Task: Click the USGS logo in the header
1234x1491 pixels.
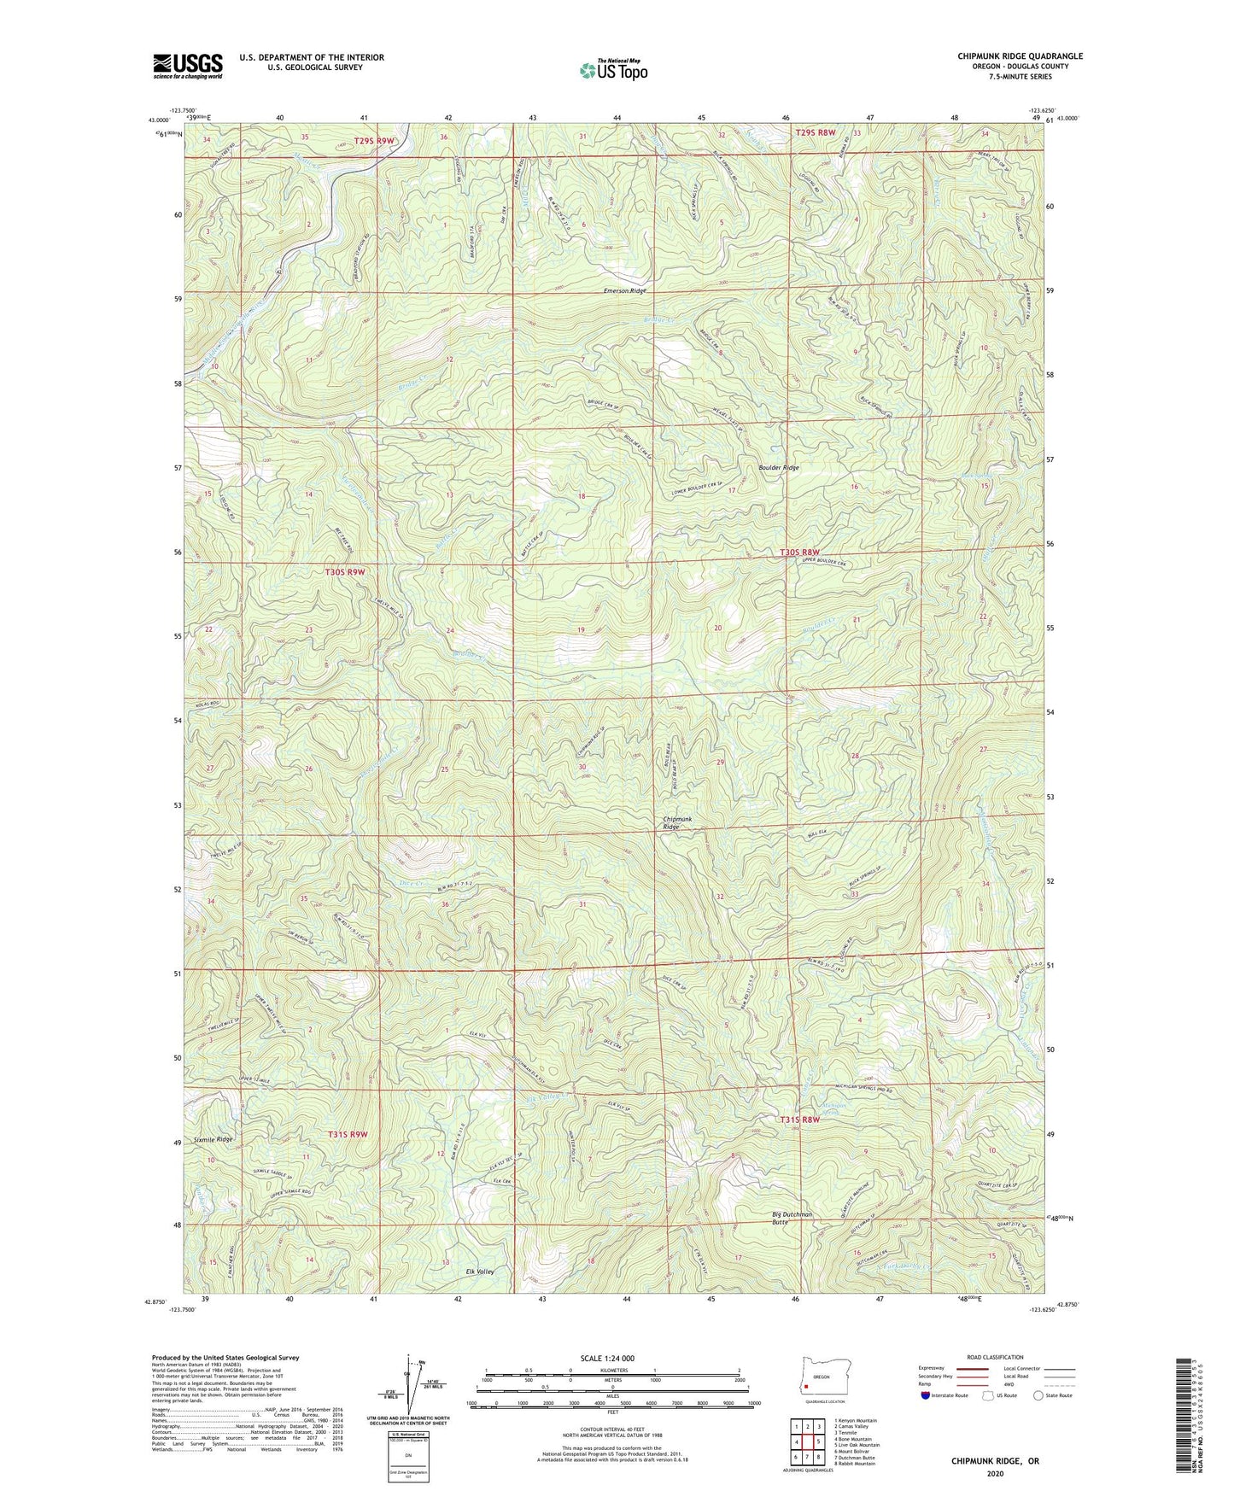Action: click(188, 66)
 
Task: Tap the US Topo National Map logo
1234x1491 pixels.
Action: click(611, 69)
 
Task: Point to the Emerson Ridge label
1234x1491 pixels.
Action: click(625, 291)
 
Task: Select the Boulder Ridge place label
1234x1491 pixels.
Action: click(779, 468)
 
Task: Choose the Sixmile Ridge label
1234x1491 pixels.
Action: click(213, 1140)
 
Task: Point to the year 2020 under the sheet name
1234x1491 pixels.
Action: click(995, 1474)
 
